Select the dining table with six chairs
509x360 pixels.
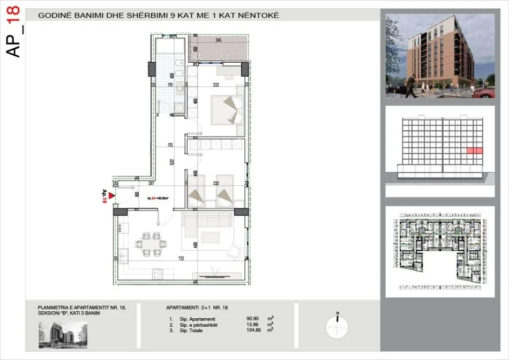pos(150,243)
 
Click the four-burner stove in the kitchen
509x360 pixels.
pos(158,274)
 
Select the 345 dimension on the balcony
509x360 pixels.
pos(218,40)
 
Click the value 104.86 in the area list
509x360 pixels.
pos(253,330)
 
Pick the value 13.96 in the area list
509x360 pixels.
pos(253,324)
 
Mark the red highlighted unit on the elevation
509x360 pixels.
pos(474,151)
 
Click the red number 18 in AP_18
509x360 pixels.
pos(14,18)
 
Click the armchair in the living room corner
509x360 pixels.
pos(234,251)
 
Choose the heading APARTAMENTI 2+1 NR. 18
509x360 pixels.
pos(197,308)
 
